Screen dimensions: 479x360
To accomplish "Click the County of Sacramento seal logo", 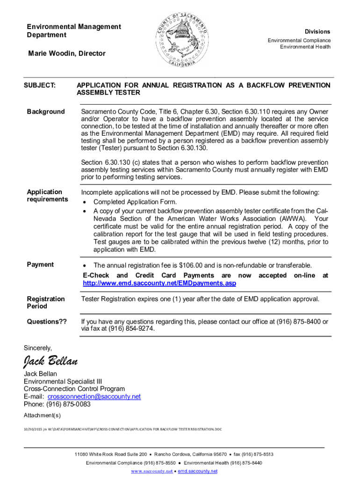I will [x=180, y=41].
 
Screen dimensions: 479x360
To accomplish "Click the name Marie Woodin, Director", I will [x=67, y=54].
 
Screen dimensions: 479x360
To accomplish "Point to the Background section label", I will [x=46, y=112].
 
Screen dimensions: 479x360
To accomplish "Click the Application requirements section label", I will [x=47, y=196].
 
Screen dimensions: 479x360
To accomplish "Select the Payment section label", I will [x=40, y=265].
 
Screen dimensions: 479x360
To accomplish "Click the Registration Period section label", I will [x=46, y=303].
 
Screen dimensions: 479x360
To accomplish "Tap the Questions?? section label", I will [x=47, y=322].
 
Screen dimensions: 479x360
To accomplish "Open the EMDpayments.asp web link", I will [x=159, y=283].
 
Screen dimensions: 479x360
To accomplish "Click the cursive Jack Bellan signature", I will [x=50, y=362].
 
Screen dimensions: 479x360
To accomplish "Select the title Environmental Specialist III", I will [x=63, y=381].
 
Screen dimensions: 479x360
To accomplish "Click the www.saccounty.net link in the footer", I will [x=151, y=471].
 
